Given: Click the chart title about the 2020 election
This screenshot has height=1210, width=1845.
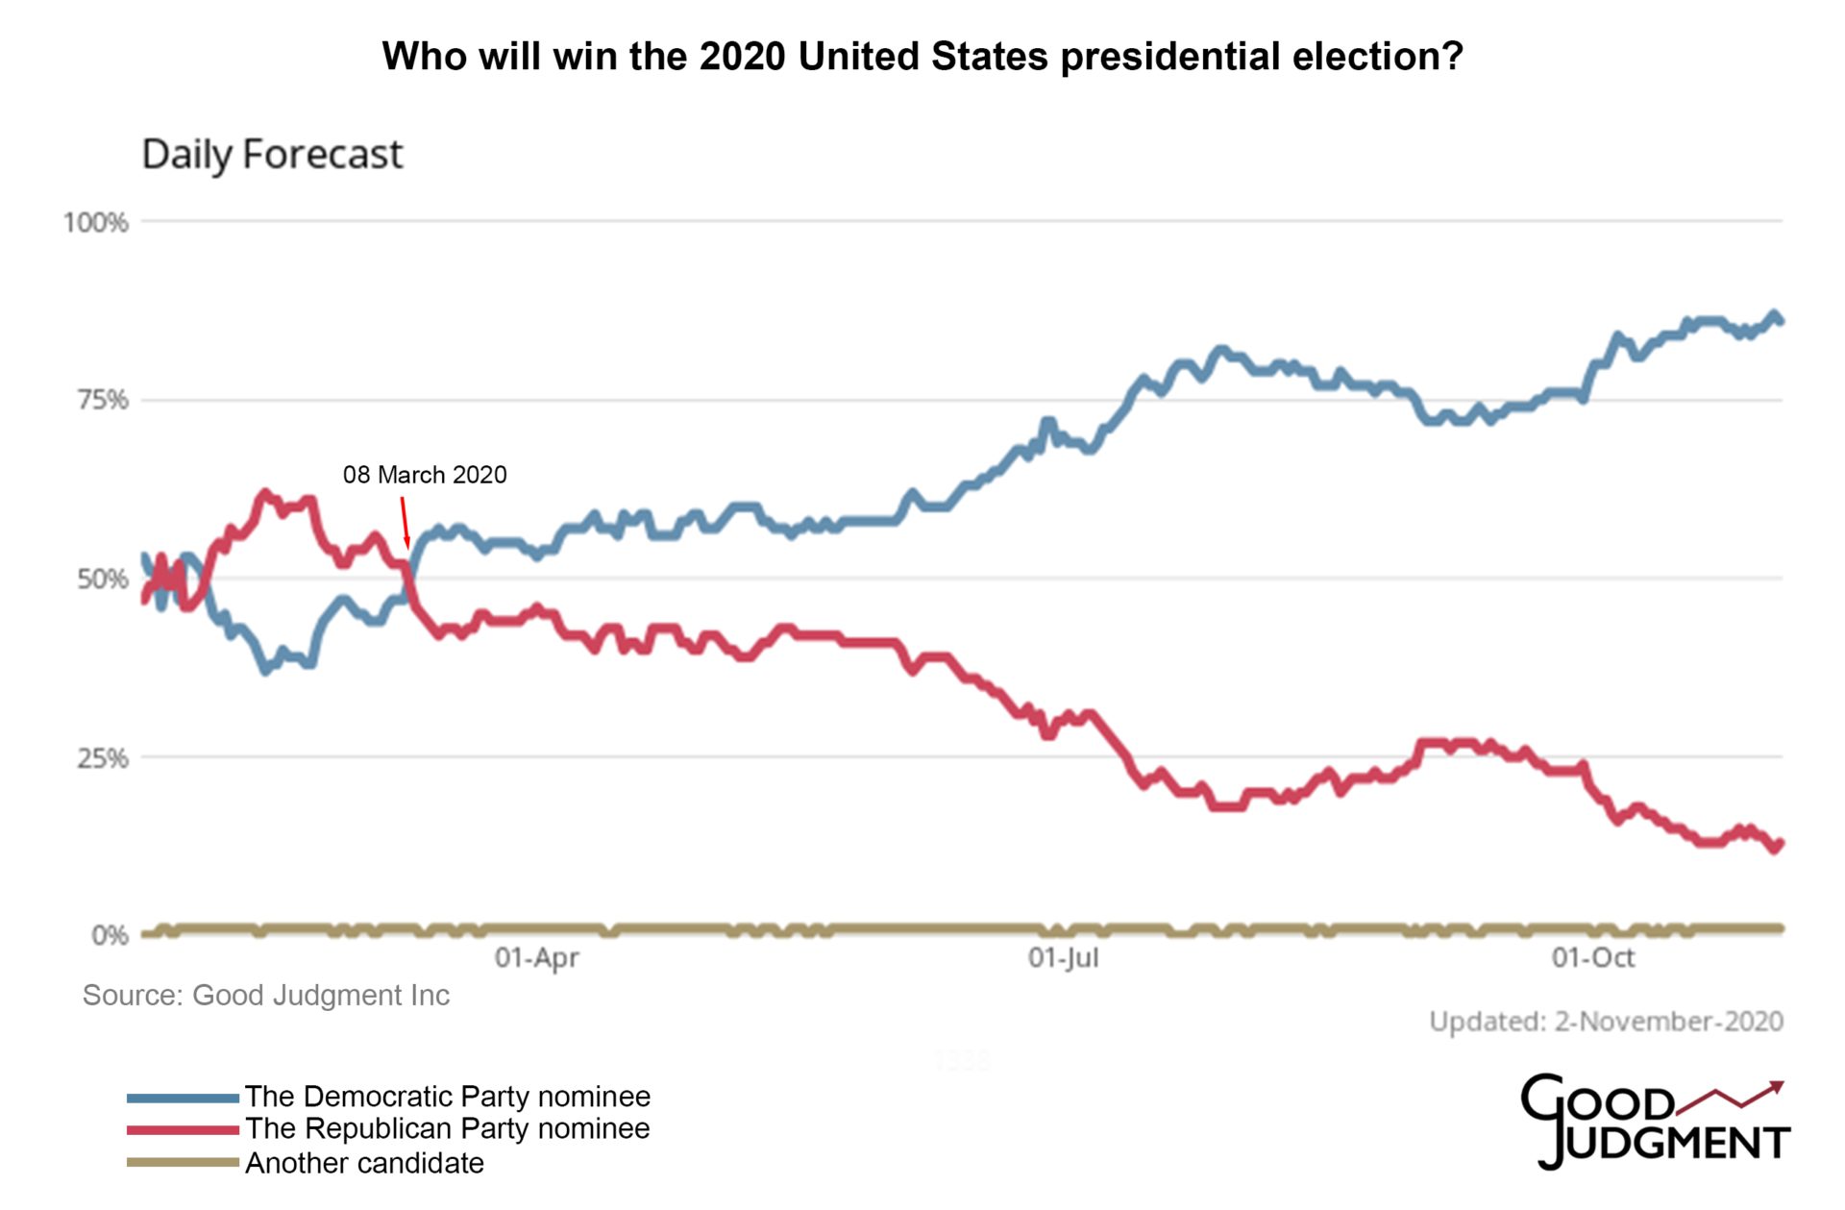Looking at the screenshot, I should (922, 57).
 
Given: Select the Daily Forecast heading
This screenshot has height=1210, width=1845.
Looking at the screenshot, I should (272, 155).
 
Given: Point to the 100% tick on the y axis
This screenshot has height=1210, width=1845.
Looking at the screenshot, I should (96, 223).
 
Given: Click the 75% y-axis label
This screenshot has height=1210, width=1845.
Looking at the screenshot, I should (102, 400).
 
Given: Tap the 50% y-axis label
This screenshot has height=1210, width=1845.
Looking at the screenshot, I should (102, 579).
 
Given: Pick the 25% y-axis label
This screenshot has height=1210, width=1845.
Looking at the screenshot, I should (102, 757).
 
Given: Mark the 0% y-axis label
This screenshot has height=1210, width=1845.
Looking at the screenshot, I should (110, 935).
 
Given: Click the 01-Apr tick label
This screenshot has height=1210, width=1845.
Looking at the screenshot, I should (536, 957).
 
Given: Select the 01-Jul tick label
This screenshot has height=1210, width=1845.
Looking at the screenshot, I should (1063, 957).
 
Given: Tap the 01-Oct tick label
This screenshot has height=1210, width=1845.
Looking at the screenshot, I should (1592, 957).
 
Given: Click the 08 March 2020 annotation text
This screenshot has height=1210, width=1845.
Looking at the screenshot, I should (425, 475).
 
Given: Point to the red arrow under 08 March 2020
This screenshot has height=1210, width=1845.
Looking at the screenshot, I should (405, 522).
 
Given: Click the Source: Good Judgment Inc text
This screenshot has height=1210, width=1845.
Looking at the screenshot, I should (266, 995).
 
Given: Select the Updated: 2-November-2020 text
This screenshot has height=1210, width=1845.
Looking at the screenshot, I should (1606, 1021).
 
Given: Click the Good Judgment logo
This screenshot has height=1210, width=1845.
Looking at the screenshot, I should (1653, 1122).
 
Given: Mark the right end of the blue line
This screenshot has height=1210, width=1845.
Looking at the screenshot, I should (1780, 321).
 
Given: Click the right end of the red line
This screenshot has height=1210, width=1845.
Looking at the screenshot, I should (1780, 844).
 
